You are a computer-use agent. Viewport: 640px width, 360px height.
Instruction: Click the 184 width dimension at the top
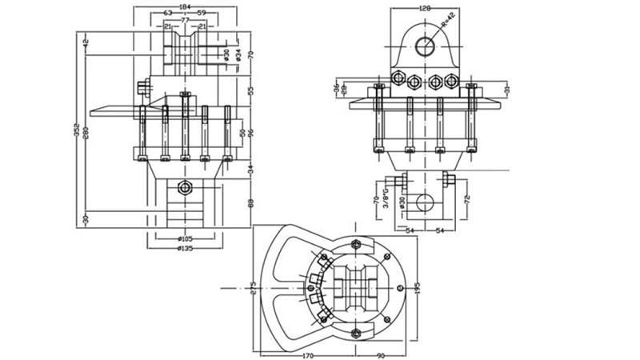[x=184, y=6]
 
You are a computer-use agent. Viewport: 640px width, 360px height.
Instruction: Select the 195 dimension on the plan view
[x=417, y=286]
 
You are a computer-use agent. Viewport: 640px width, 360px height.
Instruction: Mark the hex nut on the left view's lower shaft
[x=186, y=187]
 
